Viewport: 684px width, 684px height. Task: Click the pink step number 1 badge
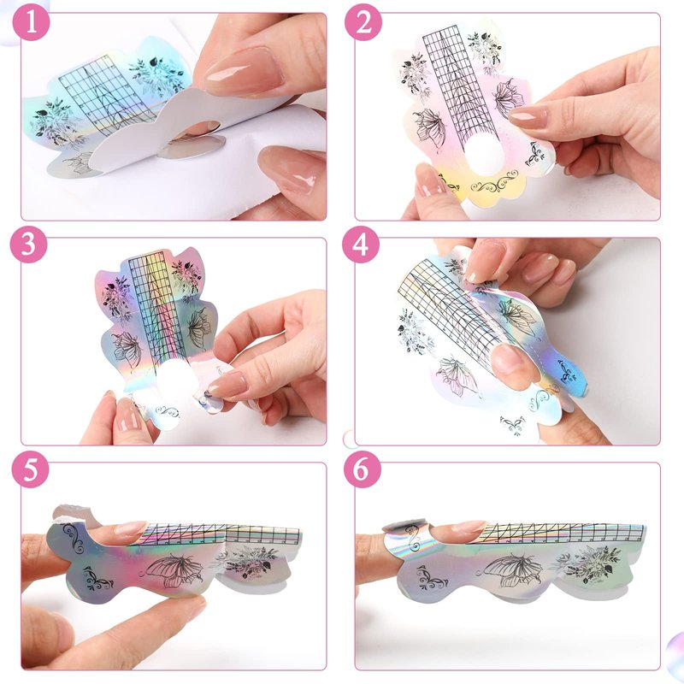32,22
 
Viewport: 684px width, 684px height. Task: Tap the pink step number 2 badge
363,22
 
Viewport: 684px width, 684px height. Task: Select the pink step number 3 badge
28,245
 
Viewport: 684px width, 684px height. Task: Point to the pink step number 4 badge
360,245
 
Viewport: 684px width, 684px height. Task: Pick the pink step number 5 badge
30,469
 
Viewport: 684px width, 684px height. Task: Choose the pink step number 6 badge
362,469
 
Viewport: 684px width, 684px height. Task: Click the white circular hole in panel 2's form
483,152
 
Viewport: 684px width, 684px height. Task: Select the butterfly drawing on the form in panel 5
174,570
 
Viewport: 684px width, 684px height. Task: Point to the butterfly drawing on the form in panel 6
511,569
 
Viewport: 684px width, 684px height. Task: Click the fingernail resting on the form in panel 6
468,528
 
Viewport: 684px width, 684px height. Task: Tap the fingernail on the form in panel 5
131,528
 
